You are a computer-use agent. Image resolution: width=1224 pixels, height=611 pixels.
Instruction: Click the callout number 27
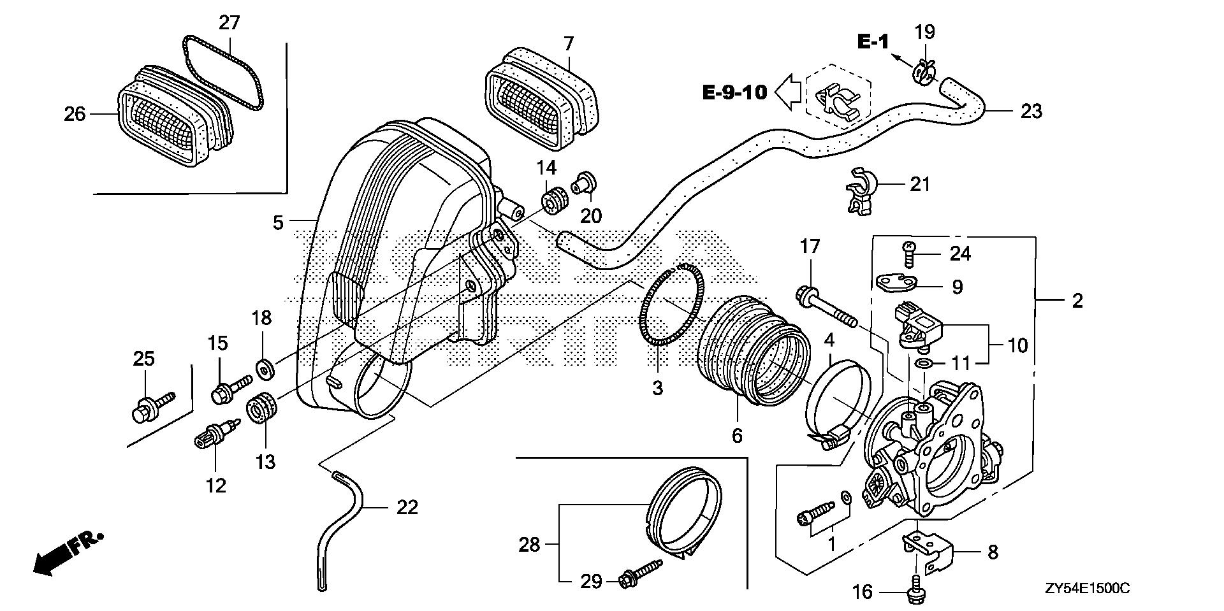pos(229,23)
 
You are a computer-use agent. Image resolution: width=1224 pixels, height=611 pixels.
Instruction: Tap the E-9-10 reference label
pos(734,93)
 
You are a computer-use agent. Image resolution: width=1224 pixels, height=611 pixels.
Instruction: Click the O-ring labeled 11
pos(922,364)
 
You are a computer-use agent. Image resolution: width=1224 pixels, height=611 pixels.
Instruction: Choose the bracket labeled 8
pos(927,550)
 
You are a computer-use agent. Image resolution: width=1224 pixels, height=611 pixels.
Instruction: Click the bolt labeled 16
pos(916,591)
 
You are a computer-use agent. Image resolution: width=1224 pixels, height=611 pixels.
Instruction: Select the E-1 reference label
pos(873,43)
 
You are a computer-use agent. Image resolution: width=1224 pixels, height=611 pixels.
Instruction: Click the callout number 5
pos(278,223)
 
